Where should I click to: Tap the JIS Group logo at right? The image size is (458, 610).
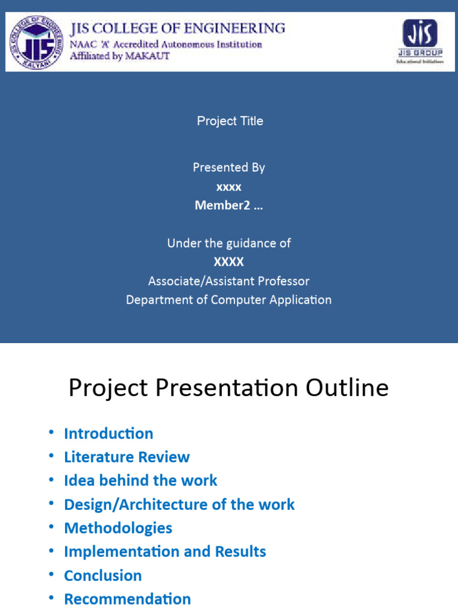pos(420,42)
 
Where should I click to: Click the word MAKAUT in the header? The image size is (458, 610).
pos(150,56)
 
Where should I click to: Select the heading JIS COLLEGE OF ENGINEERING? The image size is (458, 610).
pos(178,28)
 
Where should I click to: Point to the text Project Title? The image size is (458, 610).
pos(230,121)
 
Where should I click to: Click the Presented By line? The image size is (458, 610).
pos(228,167)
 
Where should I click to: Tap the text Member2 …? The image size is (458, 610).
pos(228,206)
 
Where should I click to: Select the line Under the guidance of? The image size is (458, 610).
pos(228,243)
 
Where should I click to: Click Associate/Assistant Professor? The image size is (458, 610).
pos(228,281)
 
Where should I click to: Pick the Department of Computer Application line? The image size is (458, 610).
pos(228,300)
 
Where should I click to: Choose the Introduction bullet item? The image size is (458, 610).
pos(109,434)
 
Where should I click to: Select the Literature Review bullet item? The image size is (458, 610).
pos(126,457)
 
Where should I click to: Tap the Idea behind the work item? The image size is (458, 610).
pos(140,481)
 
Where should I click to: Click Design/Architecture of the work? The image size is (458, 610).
pos(179,505)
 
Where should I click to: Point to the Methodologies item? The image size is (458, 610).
pos(118,528)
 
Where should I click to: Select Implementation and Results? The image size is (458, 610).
pos(165,552)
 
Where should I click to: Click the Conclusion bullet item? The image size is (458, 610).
pos(103,575)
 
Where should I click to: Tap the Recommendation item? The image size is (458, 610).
pos(127,599)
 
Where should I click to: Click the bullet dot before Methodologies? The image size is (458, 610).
pos(51,527)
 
